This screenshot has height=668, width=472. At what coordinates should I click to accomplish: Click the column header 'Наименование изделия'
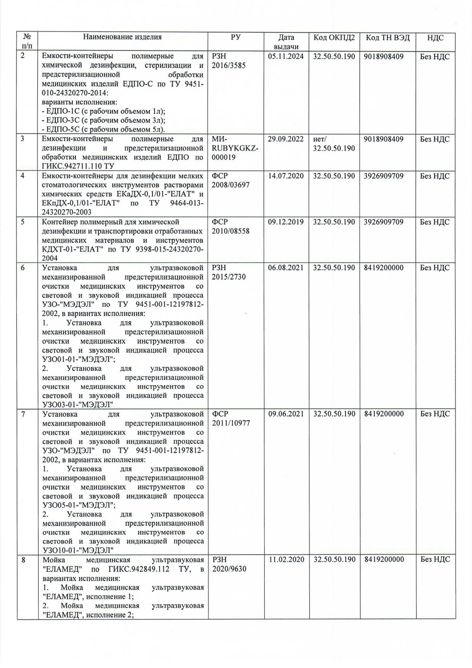(x=122, y=37)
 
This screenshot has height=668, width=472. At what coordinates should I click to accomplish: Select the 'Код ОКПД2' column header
(x=334, y=38)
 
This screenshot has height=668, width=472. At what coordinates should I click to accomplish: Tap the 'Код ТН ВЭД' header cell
(x=388, y=38)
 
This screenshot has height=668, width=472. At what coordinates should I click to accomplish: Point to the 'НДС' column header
(x=435, y=38)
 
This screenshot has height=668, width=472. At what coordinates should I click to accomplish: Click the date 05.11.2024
(x=286, y=57)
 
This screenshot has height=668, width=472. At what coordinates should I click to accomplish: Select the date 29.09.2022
(x=286, y=139)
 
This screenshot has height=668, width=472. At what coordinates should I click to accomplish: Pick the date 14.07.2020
(x=286, y=176)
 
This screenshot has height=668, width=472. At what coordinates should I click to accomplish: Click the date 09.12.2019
(x=286, y=222)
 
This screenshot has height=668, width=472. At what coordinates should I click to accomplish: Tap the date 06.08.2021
(x=286, y=268)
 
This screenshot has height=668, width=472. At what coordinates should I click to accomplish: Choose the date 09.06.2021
(x=286, y=414)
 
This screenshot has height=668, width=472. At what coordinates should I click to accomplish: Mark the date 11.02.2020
(x=286, y=559)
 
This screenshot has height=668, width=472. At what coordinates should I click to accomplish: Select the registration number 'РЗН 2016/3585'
(x=229, y=61)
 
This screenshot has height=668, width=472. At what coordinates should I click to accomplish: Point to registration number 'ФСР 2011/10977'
(x=231, y=418)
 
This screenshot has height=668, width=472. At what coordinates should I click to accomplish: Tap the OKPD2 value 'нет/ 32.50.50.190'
(x=334, y=144)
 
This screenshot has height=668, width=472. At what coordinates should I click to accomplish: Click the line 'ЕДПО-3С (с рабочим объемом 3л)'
(x=103, y=120)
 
